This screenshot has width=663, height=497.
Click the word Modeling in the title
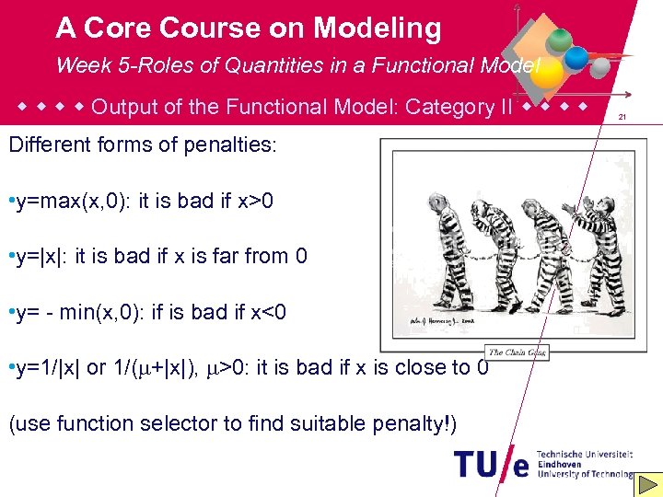[377, 29]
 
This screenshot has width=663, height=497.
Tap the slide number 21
[622, 117]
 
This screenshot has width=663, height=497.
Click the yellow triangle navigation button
[649, 483]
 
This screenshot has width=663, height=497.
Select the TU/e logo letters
[493, 463]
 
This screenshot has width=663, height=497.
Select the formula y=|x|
[39, 257]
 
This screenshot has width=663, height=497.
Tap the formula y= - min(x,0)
[76, 313]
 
